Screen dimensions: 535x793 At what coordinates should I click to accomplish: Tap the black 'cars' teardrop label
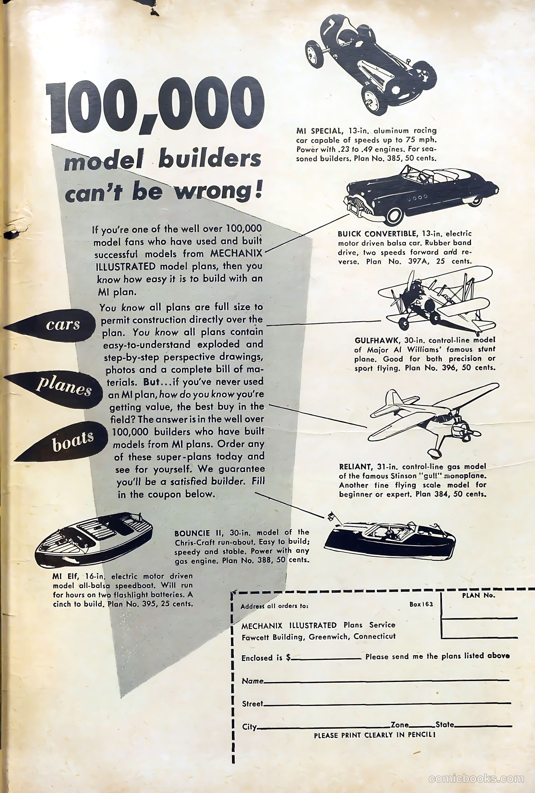tap(51, 325)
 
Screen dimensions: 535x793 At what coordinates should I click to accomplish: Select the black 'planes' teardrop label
tap(55, 389)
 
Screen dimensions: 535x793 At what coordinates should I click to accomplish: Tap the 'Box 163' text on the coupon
tap(421, 604)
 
